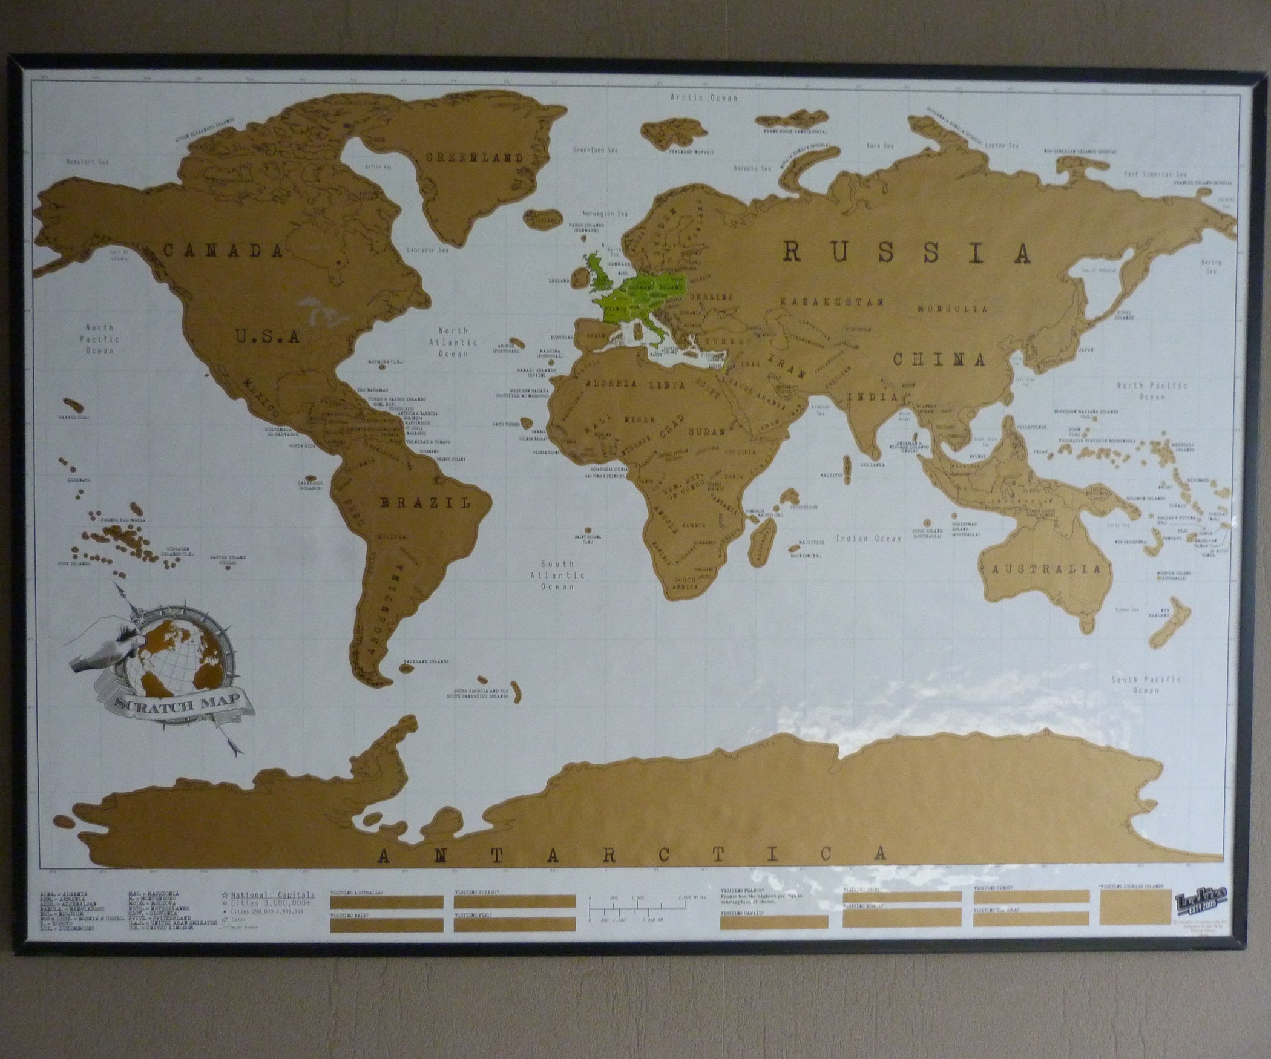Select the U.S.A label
point(268,335)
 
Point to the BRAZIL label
point(424,502)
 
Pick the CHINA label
point(939,359)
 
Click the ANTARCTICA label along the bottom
point(632,854)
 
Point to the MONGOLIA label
point(952,309)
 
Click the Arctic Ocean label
point(704,97)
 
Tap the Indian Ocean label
point(869,538)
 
